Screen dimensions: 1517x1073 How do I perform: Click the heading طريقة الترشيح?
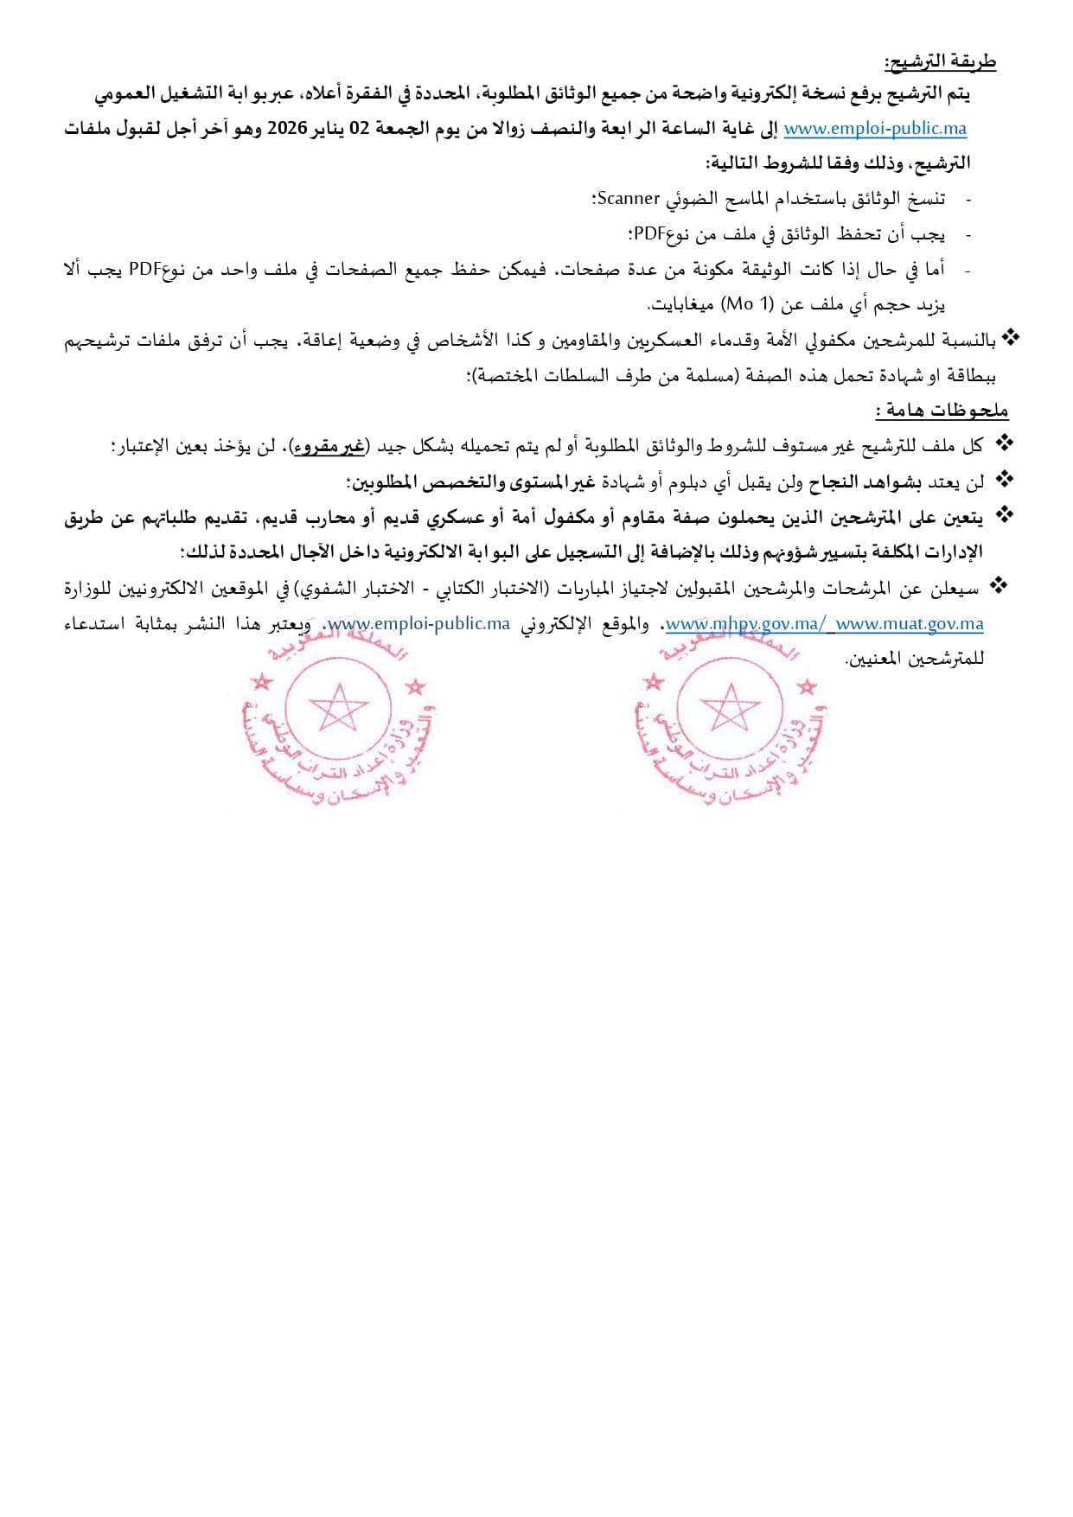coord(940,62)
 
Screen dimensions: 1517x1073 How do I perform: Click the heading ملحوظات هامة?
coord(943,411)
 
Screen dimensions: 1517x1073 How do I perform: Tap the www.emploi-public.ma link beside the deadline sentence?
coord(875,129)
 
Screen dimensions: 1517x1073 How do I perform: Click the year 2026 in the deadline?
coord(287,129)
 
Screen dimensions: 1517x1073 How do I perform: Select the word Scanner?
coord(629,199)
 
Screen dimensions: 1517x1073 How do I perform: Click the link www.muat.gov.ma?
coord(910,623)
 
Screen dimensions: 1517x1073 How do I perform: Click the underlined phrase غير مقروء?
coord(329,447)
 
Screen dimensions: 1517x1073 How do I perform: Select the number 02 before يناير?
coord(359,129)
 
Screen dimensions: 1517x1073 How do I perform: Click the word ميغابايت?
coord(681,304)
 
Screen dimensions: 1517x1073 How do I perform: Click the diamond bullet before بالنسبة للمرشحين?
coord(1011,339)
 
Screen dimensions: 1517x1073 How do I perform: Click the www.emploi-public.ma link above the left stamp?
coord(419,623)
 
